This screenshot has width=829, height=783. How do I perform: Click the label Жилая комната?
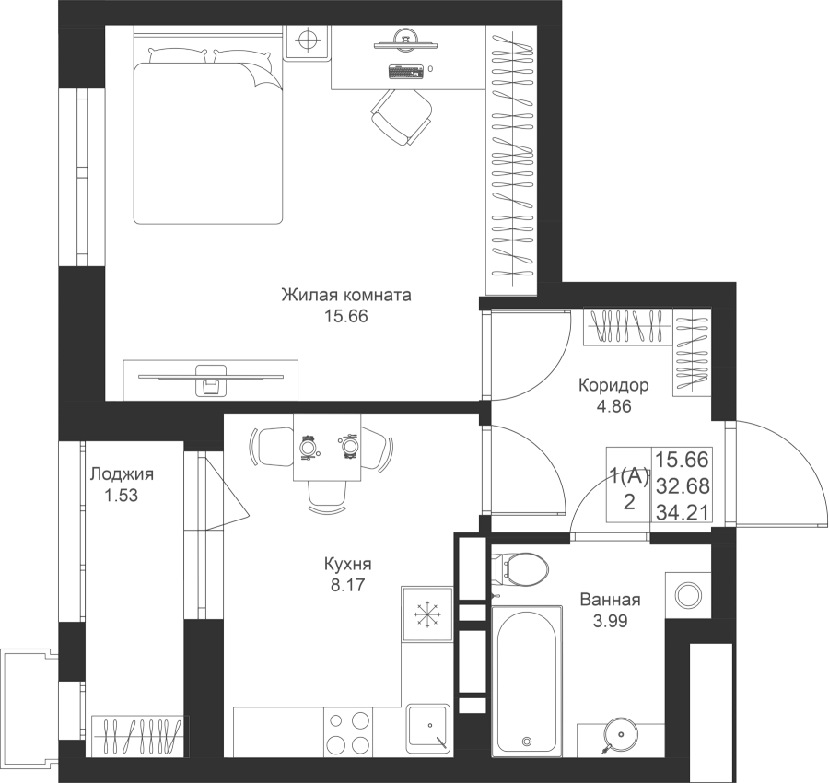345,297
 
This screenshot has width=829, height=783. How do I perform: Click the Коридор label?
613,385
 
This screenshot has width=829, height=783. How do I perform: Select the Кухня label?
347,565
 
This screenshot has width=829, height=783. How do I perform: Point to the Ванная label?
609,600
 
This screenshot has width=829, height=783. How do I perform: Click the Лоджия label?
122,475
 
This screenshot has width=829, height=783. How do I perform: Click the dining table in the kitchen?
327,448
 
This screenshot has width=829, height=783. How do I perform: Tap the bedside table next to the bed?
308,42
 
